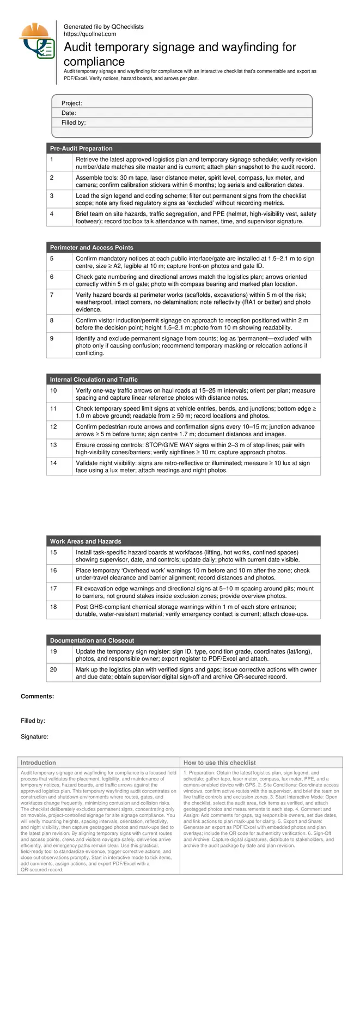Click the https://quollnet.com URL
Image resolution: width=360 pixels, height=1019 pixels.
90,34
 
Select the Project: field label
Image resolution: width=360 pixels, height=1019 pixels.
72,103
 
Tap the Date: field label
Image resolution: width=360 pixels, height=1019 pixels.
69,113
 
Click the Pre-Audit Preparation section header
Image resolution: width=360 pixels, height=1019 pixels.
81,149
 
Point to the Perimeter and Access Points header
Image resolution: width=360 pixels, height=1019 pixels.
91,248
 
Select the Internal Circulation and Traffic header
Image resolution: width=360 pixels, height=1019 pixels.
94,380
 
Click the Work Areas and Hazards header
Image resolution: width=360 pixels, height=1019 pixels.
86,541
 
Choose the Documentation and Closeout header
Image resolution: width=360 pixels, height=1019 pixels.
91,640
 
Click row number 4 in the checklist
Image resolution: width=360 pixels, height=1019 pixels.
52,214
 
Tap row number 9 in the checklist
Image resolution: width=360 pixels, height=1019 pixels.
52,339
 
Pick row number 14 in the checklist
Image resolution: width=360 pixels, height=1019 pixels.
53,463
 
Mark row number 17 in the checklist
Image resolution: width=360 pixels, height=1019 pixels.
53,589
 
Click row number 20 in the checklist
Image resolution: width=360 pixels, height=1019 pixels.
53,669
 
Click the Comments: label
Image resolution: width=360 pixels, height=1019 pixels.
38,697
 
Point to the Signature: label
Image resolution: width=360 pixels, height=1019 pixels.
35,737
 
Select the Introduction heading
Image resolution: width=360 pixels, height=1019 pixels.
38,762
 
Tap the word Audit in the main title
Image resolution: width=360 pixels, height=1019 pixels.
79,47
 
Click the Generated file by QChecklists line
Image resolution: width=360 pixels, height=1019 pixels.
103,27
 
